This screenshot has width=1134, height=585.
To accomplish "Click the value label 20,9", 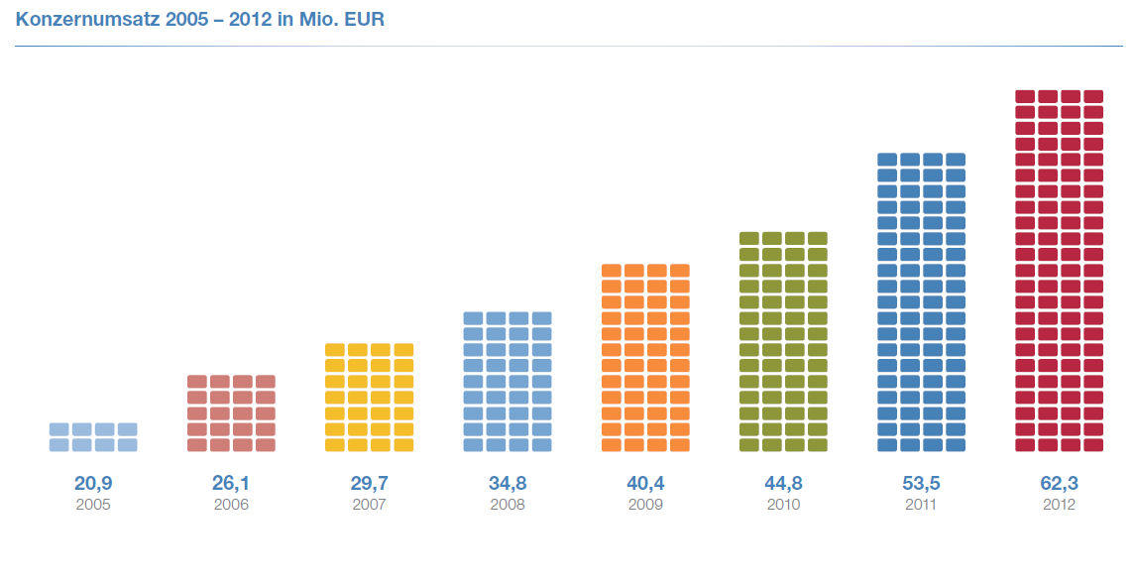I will tap(93, 484).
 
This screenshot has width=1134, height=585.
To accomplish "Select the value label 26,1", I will tap(231, 484).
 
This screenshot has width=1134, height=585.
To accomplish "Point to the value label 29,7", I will tap(369, 484).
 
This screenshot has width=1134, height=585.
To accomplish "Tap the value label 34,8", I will tap(508, 484).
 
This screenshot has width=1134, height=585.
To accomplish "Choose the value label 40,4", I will tap(645, 484).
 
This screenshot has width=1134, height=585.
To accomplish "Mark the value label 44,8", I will tap(783, 484).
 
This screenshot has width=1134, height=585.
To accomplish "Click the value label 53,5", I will tap(921, 484).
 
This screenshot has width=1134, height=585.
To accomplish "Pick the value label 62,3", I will tap(1059, 484).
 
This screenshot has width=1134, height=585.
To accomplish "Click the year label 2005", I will tap(93, 505).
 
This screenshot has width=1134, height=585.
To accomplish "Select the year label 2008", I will tap(508, 505).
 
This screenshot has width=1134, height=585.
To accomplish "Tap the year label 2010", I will tap(783, 505).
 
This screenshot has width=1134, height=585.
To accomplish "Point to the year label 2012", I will tap(1059, 505).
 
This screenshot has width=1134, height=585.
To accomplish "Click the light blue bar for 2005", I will tap(93, 437).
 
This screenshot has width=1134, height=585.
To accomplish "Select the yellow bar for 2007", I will tap(369, 398).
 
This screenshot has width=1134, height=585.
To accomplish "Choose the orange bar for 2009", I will tap(645, 358).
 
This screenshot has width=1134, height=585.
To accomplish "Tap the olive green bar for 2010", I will tap(783, 342).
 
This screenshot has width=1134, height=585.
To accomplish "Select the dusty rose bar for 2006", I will tap(231, 413).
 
